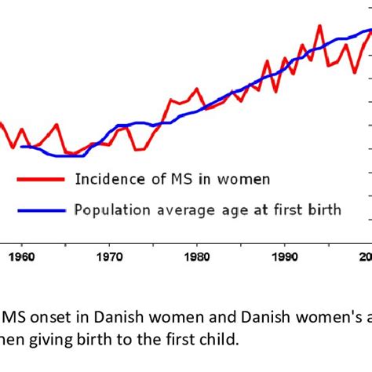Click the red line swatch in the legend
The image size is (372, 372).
pyautogui.click(x=39, y=179)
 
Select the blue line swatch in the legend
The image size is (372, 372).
pyautogui.click(x=39, y=210)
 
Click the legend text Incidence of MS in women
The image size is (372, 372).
pyautogui.click(x=172, y=179)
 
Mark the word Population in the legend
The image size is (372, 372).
pyautogui.click(x=109, y=210)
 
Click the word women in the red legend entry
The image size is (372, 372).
pyautogui.click(x=243, y=179)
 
